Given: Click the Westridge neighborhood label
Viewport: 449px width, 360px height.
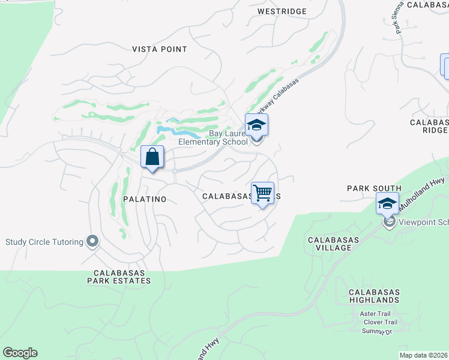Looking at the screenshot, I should [282, 11].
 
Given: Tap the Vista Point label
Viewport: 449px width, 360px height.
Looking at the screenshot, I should [160, 49].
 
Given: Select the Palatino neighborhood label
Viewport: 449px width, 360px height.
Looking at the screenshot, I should [143, 198].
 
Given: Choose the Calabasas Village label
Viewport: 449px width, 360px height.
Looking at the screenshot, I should [329, 244].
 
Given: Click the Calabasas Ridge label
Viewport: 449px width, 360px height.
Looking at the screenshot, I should [429, 126].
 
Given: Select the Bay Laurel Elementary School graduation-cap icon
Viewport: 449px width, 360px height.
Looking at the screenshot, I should [256, 125].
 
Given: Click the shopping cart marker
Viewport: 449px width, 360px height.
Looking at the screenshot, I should [262, 193].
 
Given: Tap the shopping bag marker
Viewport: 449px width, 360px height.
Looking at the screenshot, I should [152, 157].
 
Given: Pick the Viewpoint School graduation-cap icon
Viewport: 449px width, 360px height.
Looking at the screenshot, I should [387, 203].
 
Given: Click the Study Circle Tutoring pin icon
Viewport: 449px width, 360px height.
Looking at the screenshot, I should [92, 242].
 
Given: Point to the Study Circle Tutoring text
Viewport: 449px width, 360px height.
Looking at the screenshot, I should [44, 242].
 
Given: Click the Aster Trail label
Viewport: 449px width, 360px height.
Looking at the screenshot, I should [375, 314].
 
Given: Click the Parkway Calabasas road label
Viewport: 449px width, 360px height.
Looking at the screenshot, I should [277, 98].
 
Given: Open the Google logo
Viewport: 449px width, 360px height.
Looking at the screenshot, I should [20, 353].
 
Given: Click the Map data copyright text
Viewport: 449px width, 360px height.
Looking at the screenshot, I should [424, 355].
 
